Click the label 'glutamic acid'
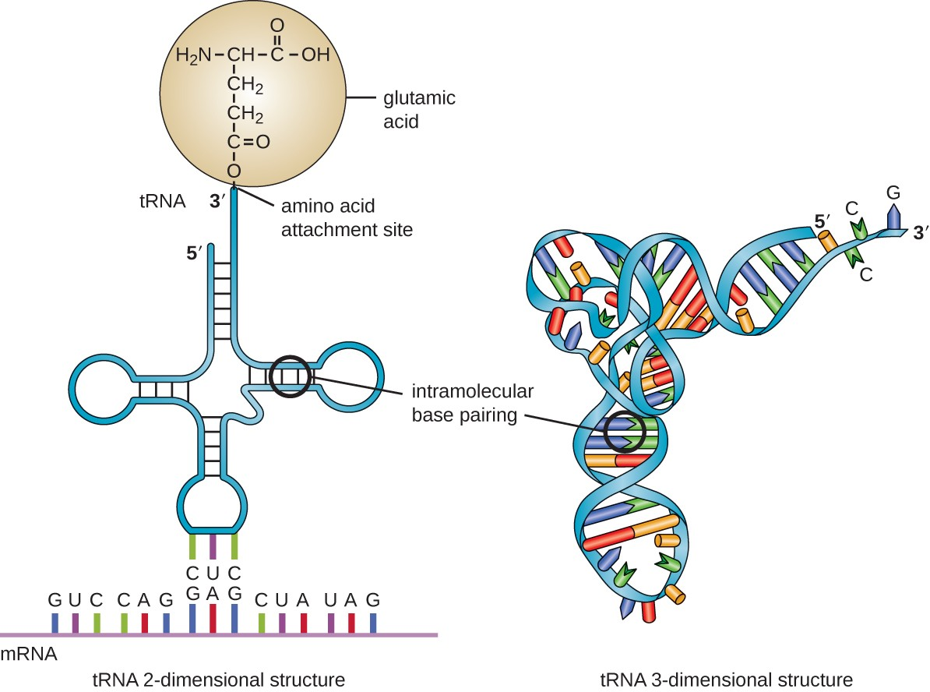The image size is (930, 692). coord(419,110)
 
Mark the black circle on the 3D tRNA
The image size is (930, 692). coord(625,431)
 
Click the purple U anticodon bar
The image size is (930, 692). coord(213,546)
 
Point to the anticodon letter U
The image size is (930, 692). coord(213,574)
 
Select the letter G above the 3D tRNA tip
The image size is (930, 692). coord(894,191)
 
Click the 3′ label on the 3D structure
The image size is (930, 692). coord(917,232)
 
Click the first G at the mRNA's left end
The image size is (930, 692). coord(55,600)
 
